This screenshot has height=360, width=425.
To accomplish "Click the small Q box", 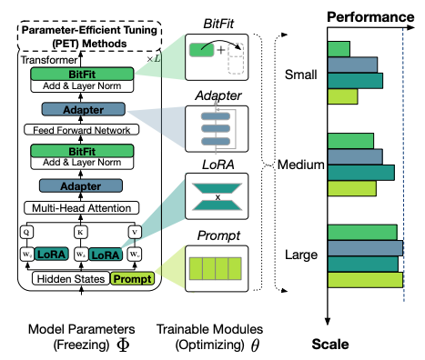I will click(28, 231).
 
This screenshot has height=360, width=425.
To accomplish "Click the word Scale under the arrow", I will click(330, 345).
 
